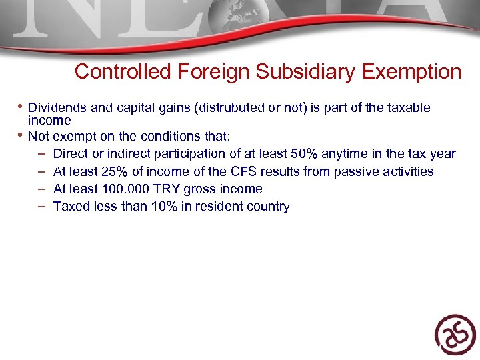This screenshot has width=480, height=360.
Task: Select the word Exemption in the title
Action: click(x=412, y=71)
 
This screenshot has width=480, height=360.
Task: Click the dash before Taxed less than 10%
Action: click(x=41, y=206)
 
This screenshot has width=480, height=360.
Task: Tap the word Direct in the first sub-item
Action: click(x=71, y=154)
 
